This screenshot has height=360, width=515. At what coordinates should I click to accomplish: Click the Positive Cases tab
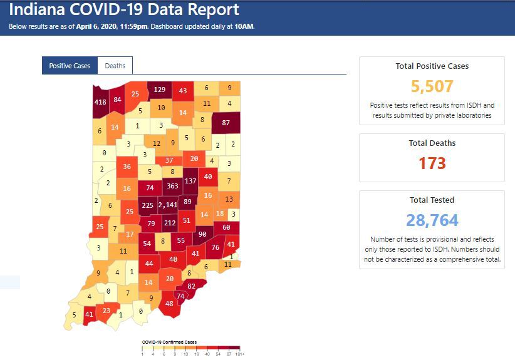click(70, 66)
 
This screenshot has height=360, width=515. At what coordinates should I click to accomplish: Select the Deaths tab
click(115, 66)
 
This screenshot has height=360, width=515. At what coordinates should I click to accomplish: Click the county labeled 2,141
click(168, 205)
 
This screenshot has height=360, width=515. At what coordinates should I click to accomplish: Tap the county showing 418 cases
click(100, 102)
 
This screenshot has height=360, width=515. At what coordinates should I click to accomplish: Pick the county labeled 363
click(172, 186)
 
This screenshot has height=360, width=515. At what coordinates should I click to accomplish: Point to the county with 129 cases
click(160, 90)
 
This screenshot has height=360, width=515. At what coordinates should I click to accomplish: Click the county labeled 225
click(148, 205)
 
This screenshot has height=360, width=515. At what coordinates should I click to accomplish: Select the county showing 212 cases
click(170, 222)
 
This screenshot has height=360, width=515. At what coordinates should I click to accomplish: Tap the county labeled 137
click(190, 180)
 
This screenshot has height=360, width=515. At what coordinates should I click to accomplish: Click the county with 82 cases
click(192, 286)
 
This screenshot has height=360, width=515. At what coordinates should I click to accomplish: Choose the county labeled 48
click(169, 304)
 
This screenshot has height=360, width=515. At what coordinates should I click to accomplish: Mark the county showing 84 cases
click(117, 100)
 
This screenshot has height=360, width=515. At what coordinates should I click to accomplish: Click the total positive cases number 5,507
click(432, 86)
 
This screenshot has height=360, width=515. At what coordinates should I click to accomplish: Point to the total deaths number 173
click(432, 163)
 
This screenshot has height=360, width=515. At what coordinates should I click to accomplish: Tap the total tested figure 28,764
click(432, 220)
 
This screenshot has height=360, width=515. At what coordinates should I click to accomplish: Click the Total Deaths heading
click(432, 143)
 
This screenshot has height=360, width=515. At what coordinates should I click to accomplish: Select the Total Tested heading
click(432, 200)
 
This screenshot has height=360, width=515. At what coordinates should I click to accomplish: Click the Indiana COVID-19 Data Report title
click(124, 10)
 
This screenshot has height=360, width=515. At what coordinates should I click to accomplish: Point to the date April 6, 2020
click(102, 27)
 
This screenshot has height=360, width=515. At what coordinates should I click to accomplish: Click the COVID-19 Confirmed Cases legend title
click(169, 342)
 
